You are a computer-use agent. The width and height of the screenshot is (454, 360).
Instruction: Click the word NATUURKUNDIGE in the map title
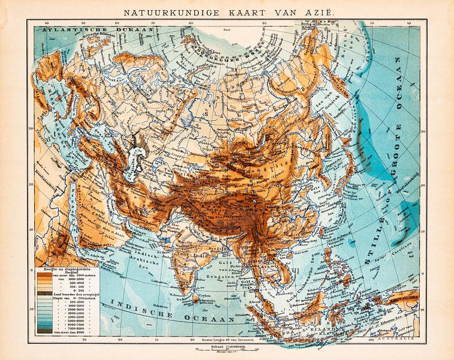pyautogui.click(x=158, y=11)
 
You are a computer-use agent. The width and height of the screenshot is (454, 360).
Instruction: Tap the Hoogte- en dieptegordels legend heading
pyautogui.click(x=58, y=269)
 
